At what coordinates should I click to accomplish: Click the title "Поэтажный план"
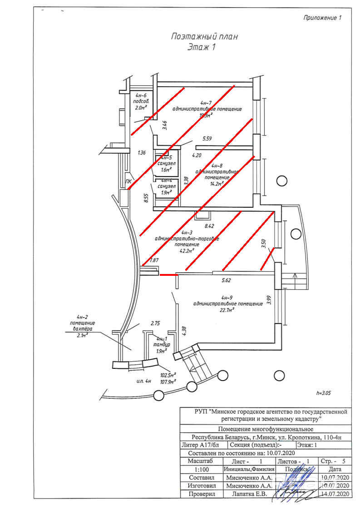204,37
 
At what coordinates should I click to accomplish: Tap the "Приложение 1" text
321,18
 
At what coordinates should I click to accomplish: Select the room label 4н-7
207,103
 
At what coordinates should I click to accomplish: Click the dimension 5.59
207,139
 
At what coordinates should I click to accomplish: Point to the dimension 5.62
226,281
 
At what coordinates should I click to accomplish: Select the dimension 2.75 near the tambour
156,323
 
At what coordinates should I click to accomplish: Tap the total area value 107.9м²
168,382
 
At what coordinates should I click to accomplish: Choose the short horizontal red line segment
168,274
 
